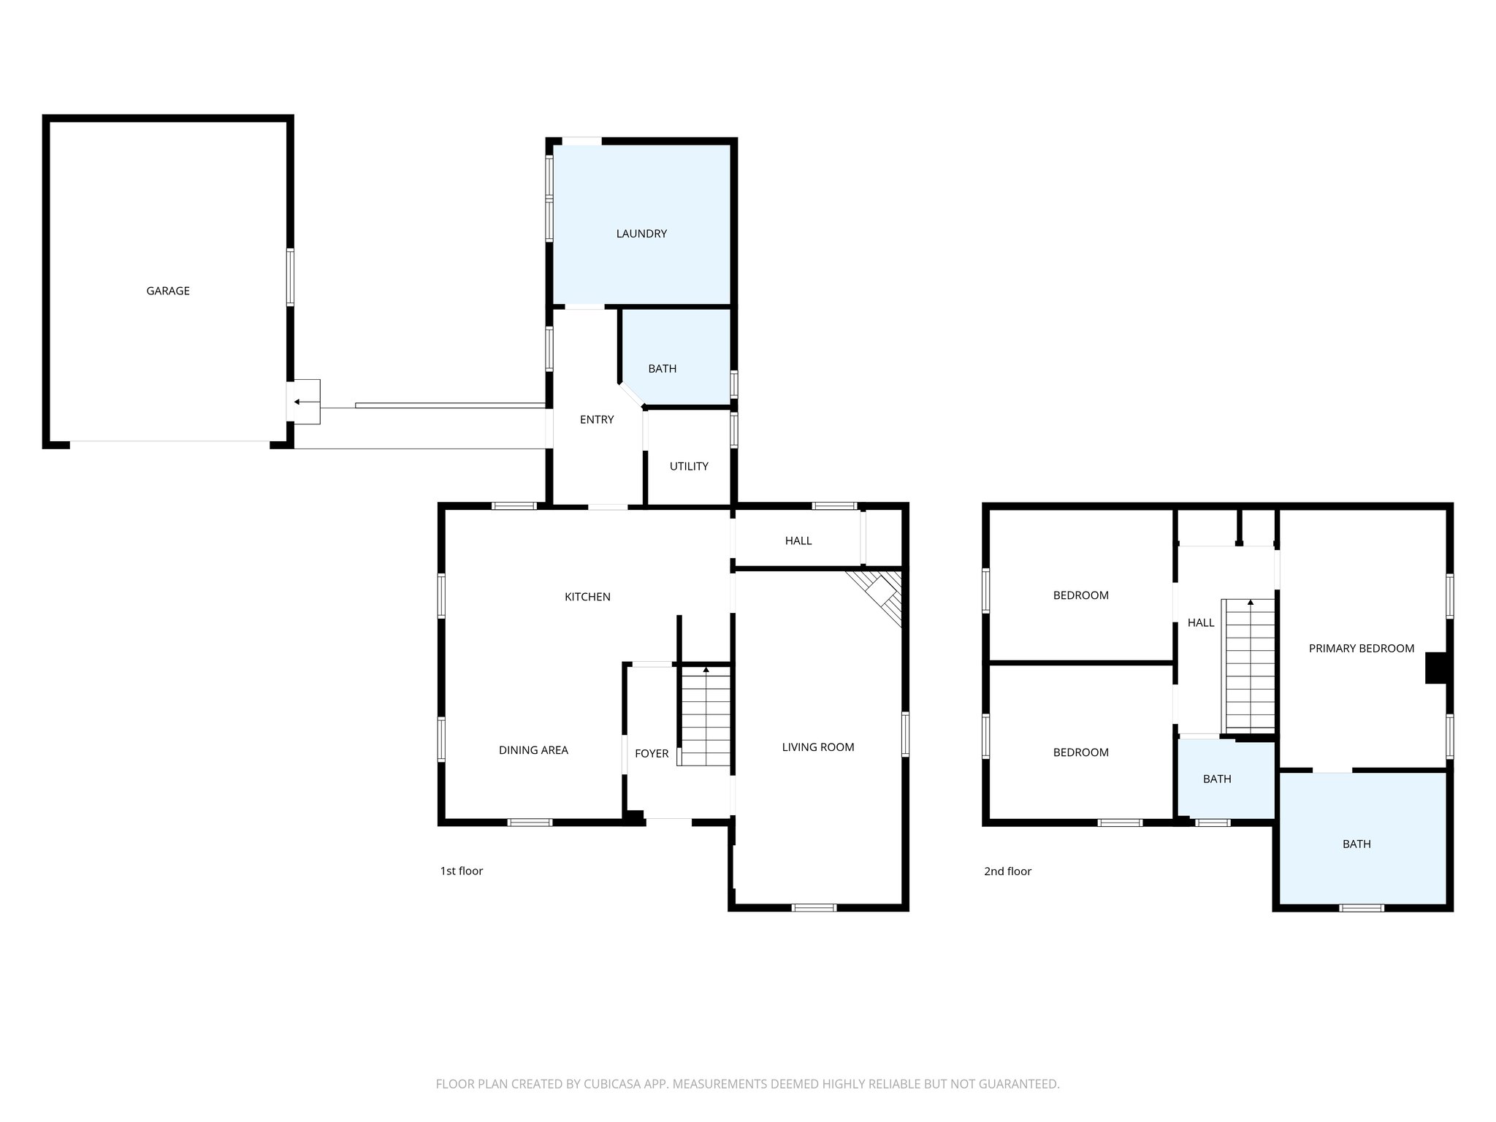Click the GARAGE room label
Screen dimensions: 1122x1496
tap(168, 291)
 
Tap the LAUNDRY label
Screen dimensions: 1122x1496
tap(641, 234)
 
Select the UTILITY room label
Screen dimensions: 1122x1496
tap(689, 466)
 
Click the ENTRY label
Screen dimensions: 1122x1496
tap(597, 419)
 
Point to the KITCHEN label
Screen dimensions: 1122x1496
tap(587, 597)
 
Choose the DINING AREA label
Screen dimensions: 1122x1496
tap(533, 750)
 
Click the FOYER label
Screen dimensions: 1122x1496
tap(652, 754)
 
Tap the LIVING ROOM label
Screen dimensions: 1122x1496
tap(818, 747)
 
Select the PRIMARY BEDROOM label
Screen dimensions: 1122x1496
tap(1362, 648)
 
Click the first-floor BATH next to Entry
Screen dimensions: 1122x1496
tap(663, 369)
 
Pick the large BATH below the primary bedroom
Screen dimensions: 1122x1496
tap(1356, 844)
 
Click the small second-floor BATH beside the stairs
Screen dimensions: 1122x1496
tap(1217, 779)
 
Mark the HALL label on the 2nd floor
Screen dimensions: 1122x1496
tap(1201, 622)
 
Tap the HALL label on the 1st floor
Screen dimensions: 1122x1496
tap(798, 541)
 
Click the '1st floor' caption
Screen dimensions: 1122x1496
tap(462, 871)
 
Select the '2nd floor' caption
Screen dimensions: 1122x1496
tap(1008, 871)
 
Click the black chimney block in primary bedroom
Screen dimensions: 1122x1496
tap(1435, 668)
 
